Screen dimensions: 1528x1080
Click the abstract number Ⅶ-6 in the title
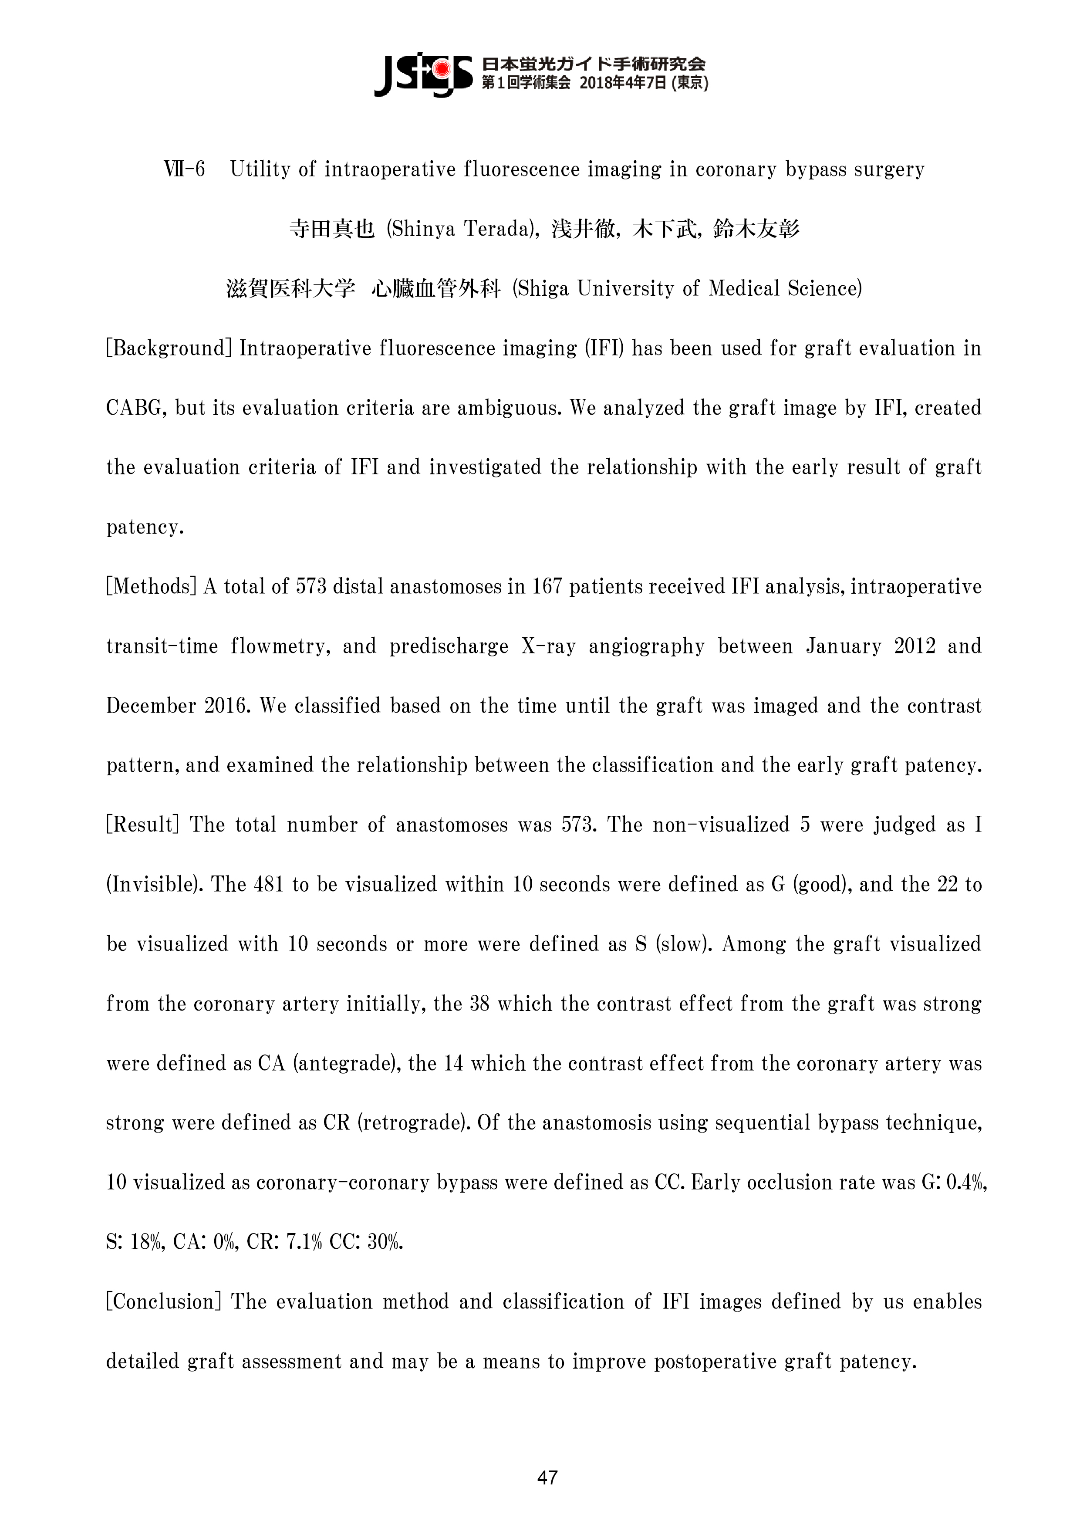[184, 170]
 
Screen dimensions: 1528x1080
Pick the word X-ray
[549, 646]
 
